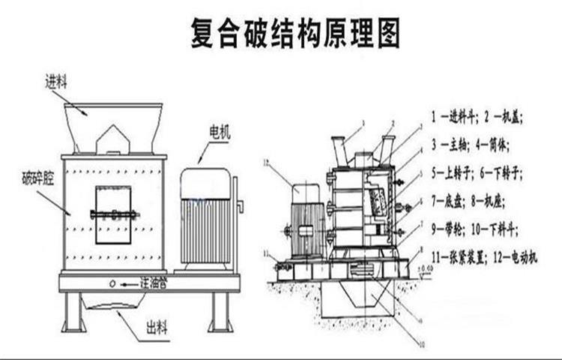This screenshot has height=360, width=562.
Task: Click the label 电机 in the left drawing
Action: pos(220,134)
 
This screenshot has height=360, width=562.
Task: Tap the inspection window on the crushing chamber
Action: pos(113,214)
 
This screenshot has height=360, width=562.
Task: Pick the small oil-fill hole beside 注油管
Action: pos(112,283)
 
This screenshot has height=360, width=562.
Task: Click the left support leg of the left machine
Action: pos(73,311)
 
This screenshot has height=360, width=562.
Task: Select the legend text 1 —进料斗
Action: pos(454,117)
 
